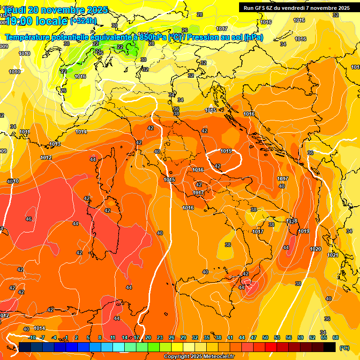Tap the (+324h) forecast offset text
pyautogui.click(x=83, y=21)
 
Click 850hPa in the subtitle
pyautogui.click(x=153, y=37)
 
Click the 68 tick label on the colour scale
pyautogui.click(x=336, y=337)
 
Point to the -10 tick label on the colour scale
pyautogui.click(x=31, y=337)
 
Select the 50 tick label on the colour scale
pyautogui.click(x=265, y=337)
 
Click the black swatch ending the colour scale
pyautogui.click(x=330, y=347)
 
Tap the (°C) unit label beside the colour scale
pyautogui.click(x=344, y=348)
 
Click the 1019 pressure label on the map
pyautogui.click(x=304, y=231)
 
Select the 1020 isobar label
pyautogui.click(x=316, y=249)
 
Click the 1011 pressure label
pyautogui.click(x=25, y=132)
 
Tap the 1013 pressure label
pyautogui.click(x=55, y=144)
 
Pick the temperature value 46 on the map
pyautogui.click(x=29, y=219)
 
